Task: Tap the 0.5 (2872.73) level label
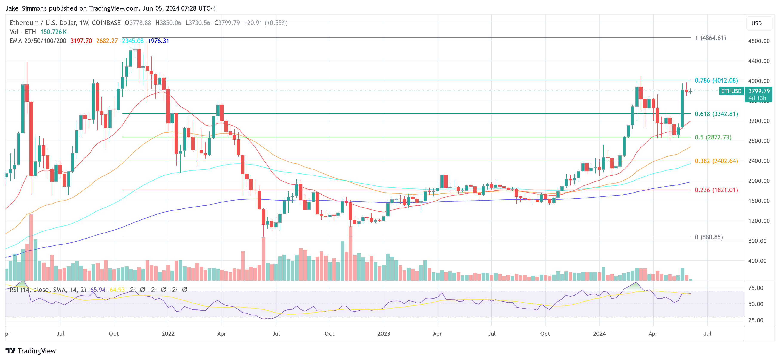pos(713,138)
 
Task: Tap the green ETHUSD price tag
pos(731,91)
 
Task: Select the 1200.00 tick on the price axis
pos(759,221)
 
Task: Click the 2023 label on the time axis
pos(383,334)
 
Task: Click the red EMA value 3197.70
pos(81,41)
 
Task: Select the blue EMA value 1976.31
pos(158,41)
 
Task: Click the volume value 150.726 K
pos(53,32)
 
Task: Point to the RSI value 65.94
pos(98,290)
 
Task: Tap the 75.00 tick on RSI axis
pos(755,288)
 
